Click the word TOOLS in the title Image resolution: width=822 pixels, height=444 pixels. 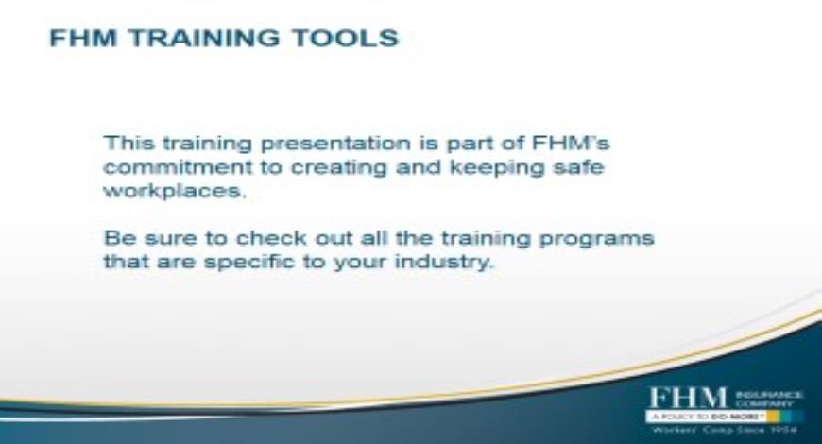tap(349, 39)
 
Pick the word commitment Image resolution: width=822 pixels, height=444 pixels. tap(161, 167)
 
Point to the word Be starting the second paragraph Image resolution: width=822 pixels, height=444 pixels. tap(115, 237)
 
